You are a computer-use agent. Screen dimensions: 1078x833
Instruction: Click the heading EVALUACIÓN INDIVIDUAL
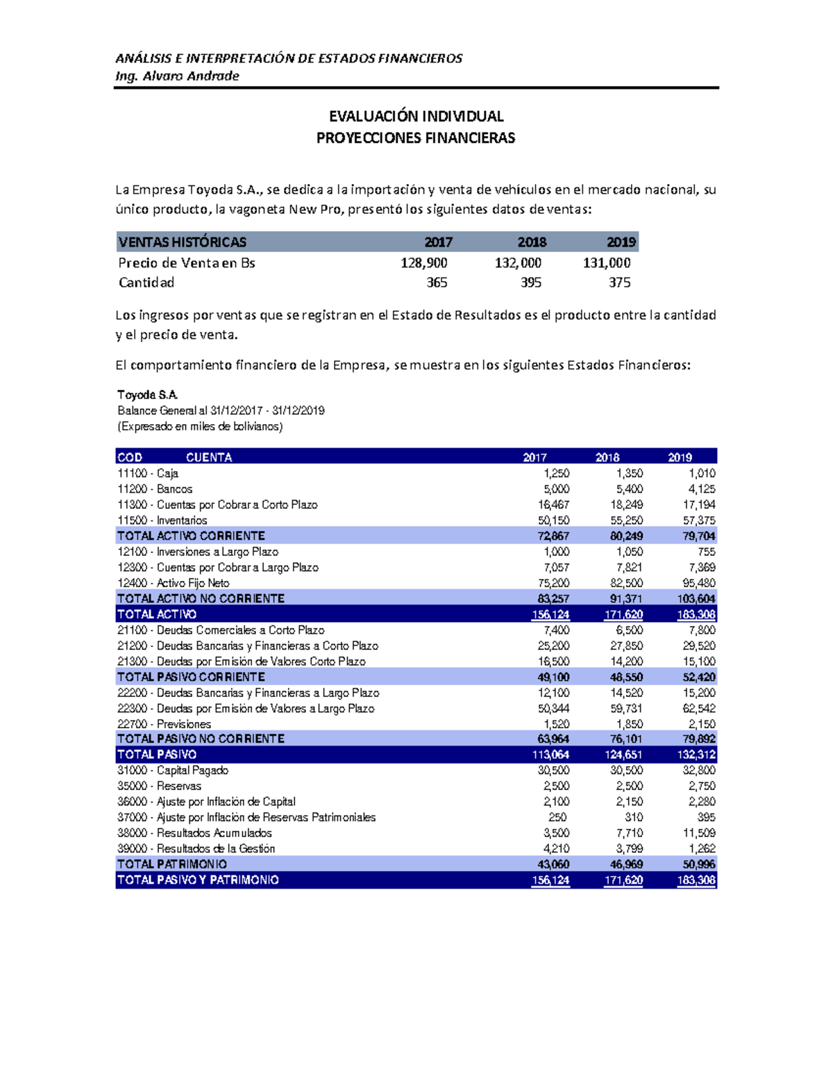pyautogui.click(x=416, y=116)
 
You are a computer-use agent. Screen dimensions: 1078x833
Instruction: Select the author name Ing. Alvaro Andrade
pyautogui.click(x=177, y=76)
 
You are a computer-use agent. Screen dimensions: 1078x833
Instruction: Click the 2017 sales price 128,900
pyautogui.click(x=423, y=263)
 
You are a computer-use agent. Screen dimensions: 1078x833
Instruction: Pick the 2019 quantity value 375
pyautogui.click(x=619, y=283)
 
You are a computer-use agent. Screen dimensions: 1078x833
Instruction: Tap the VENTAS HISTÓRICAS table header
pyautogui.click(x=183, y=242)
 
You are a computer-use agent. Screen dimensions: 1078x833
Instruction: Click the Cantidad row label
pyautogui.click(x=146, y=283)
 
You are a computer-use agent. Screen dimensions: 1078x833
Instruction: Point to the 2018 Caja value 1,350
pyautogui.click(x=629, y=473)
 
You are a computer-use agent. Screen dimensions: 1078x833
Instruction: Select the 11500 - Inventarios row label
pyautogui.click(x=162, y=521)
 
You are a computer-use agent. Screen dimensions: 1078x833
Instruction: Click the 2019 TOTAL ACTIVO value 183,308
pyautogui.click(x=696, y=614)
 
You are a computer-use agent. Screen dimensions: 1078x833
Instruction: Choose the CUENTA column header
pyautogui.click(x=209, y=457)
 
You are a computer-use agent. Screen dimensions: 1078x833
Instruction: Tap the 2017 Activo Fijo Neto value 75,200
pyautogui.click(x=554, y=583)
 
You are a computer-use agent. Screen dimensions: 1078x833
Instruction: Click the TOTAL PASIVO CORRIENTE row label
pyautogui.click(x=191, y=677)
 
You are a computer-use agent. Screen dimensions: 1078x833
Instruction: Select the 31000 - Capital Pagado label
pyautogui.click(x=173, y=770)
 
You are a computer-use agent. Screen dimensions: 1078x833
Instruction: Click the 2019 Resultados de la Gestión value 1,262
pyautogui.click(x=701, y=849)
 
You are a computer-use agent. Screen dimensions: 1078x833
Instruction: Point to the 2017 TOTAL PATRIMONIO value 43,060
pyautogui.click(x=553, y=864)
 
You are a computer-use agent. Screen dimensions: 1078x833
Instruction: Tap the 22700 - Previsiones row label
pyautogui.click(x=164, y=724)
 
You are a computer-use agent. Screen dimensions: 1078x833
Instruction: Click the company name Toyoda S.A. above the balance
pyautogui.click(x=148, y=395)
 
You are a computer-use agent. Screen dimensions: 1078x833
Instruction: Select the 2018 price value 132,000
pyautogui.click(x=518, y=263)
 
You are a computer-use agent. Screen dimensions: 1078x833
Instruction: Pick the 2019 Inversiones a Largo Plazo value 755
pyautogui.click(x=706, y=552)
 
